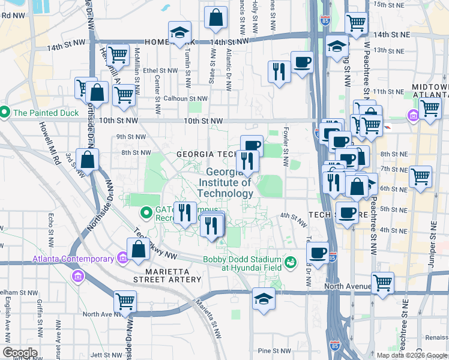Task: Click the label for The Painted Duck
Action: [44, 112]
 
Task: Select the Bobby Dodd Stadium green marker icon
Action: [291, 262]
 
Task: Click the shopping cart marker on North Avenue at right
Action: [382, 283]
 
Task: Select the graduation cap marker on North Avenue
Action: [264, 298]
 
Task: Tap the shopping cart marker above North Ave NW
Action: [125, 301]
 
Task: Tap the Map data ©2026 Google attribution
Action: [412, 355]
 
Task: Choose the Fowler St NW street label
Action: [286, 151]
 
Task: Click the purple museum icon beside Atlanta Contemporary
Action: [122, 259]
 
